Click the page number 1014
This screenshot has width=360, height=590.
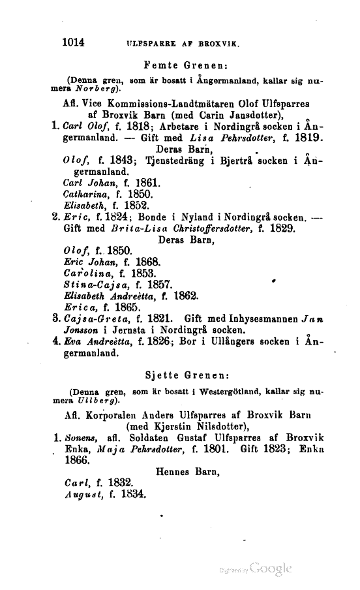pyautogui.click(x=74, y=43)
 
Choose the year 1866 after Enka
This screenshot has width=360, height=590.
pyautogui.click(x=76, y=459)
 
